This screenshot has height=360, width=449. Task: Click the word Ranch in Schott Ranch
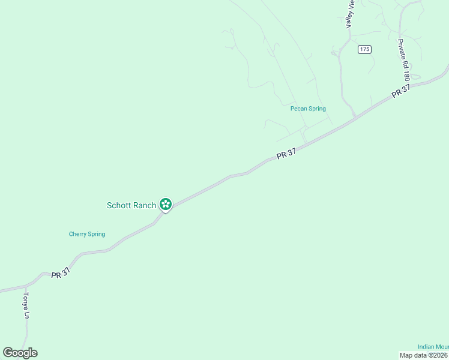[144, 205]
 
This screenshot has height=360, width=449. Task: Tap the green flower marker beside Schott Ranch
[166, 205]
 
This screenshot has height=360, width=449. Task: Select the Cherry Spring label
[87, 234]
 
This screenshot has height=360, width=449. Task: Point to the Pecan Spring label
[308, 109]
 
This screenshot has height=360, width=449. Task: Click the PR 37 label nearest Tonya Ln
[61, 273]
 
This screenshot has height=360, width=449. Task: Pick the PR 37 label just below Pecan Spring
[286, 154]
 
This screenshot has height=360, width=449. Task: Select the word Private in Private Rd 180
[401, 52]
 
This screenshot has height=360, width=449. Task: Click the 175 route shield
[364, 49]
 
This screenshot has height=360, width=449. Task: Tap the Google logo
[20, 353]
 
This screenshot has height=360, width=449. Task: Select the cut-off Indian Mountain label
[433, 347]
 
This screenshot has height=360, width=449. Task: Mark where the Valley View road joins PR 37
[355, 116]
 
